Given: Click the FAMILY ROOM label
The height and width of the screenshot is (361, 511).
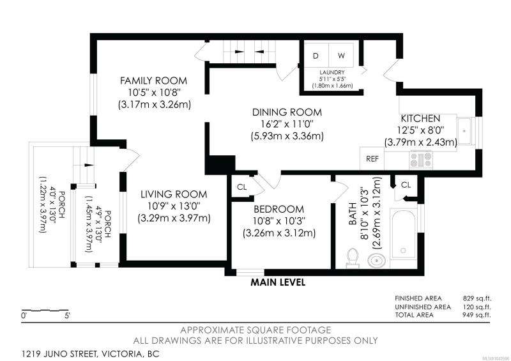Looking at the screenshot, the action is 153,81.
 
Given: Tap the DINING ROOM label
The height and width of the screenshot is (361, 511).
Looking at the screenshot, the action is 287,112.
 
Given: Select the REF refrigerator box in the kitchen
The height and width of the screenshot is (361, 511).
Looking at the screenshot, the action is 372,158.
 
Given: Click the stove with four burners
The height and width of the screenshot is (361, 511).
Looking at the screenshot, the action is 421,160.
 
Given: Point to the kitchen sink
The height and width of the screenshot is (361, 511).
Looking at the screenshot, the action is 464,130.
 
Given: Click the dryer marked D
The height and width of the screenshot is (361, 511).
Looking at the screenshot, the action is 316,56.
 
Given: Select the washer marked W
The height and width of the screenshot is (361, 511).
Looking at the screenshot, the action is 341,56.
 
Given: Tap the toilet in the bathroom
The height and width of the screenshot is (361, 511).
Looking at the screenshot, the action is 353,257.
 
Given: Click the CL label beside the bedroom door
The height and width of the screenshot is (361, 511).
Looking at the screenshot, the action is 242,187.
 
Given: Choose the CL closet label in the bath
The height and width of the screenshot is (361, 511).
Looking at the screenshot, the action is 406,185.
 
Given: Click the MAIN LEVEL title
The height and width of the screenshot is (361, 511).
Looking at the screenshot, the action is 278,282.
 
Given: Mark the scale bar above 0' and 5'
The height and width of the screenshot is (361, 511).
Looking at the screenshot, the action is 45,310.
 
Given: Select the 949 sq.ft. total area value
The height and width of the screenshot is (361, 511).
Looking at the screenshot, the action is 477,315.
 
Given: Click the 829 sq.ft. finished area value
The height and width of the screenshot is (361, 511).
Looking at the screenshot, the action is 477,298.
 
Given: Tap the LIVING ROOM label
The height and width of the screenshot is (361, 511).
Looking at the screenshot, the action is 174,194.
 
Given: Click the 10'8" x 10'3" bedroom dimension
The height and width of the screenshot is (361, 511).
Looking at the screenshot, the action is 279,221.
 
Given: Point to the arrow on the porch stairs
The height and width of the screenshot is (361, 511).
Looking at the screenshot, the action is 89,165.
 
